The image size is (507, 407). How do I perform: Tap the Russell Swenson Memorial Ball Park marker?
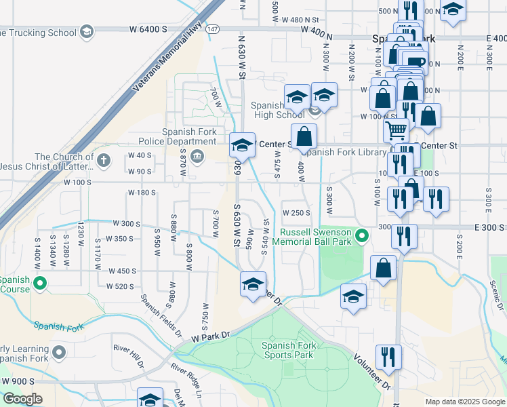click(x=362, y=236)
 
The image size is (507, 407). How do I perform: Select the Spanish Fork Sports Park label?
click(x=287, y=350)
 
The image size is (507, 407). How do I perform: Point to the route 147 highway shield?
click(x=214, y=30)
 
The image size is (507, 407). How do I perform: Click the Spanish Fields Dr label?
click(x=161, y=315)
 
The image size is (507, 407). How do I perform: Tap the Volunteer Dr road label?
click(x=372, y=371)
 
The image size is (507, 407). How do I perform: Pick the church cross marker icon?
click(x=103, y=161)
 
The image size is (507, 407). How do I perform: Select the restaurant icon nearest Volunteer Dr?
click(x=388, y=357)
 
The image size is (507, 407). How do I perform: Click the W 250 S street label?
click(x=296, y=212)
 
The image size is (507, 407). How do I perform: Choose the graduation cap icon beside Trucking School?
click(x=86, y=31)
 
